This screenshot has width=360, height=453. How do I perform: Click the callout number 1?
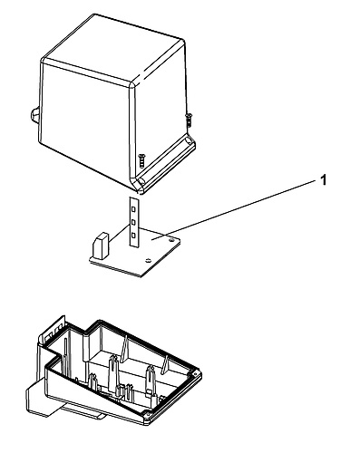[324, 180]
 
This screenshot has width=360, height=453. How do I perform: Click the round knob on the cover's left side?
[34, 115]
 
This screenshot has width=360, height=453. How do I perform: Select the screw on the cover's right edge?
[189, 120]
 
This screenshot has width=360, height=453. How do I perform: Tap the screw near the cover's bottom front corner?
[141, 160]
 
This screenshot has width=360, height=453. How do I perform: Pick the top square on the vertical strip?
[133, 208]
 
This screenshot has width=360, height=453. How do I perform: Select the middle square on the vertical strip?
[133, 222]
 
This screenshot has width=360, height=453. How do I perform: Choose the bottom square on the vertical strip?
[133, 235]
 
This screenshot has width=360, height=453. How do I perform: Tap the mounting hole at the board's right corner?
[171, 239]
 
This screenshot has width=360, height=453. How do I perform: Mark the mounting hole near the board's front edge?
[148, 260]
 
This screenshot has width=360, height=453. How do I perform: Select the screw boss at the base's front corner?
[147, 415]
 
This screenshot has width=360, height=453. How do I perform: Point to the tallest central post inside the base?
[113, 374]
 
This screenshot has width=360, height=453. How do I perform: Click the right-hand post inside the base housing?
[151, 381]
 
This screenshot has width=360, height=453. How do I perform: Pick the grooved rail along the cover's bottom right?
[166, 163]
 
